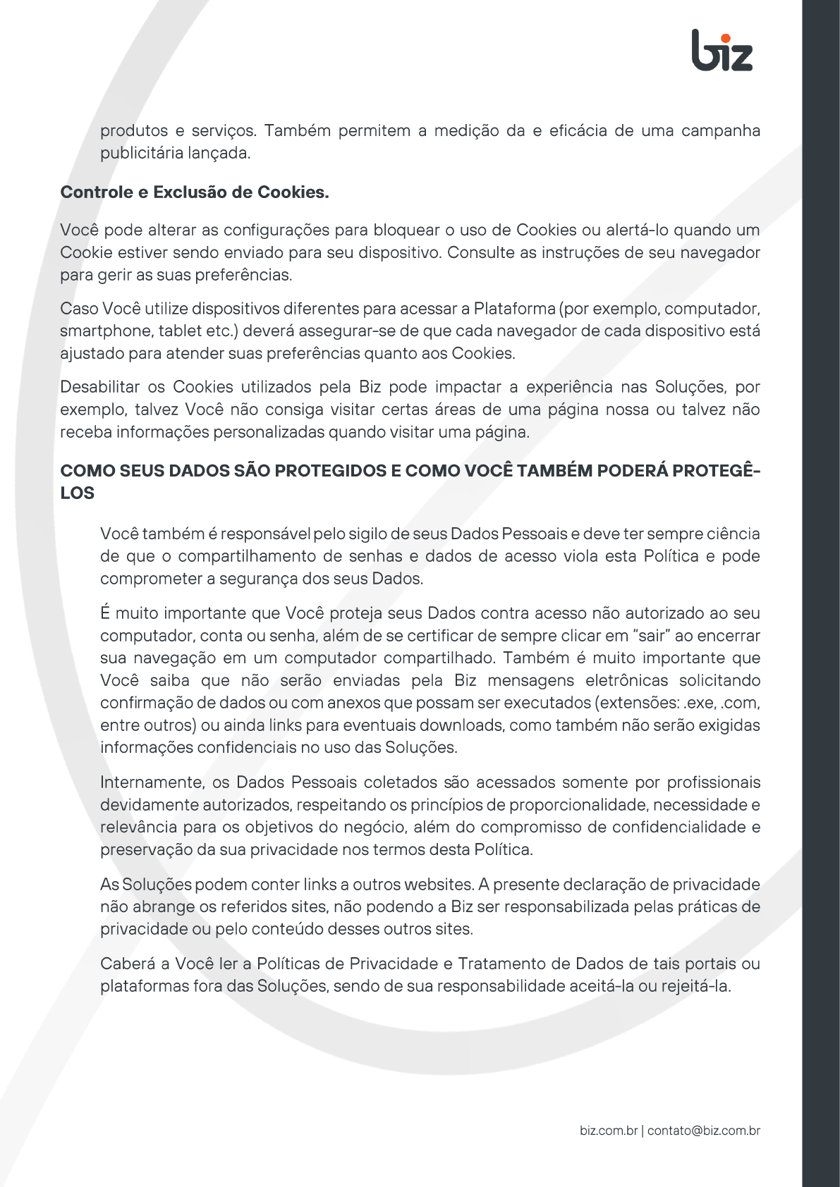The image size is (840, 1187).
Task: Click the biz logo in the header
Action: (722, 51)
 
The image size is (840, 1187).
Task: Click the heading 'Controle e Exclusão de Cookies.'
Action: (195, 192)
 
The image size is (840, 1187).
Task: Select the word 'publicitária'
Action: (139, 153)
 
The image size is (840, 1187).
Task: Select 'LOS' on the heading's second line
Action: (77, 493)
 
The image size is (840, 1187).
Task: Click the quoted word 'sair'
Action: (652, 636)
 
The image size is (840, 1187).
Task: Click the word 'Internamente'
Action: (152, 782)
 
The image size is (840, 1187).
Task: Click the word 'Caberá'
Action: (131, 964)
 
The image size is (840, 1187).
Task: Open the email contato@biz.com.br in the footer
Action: (703, 1131)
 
